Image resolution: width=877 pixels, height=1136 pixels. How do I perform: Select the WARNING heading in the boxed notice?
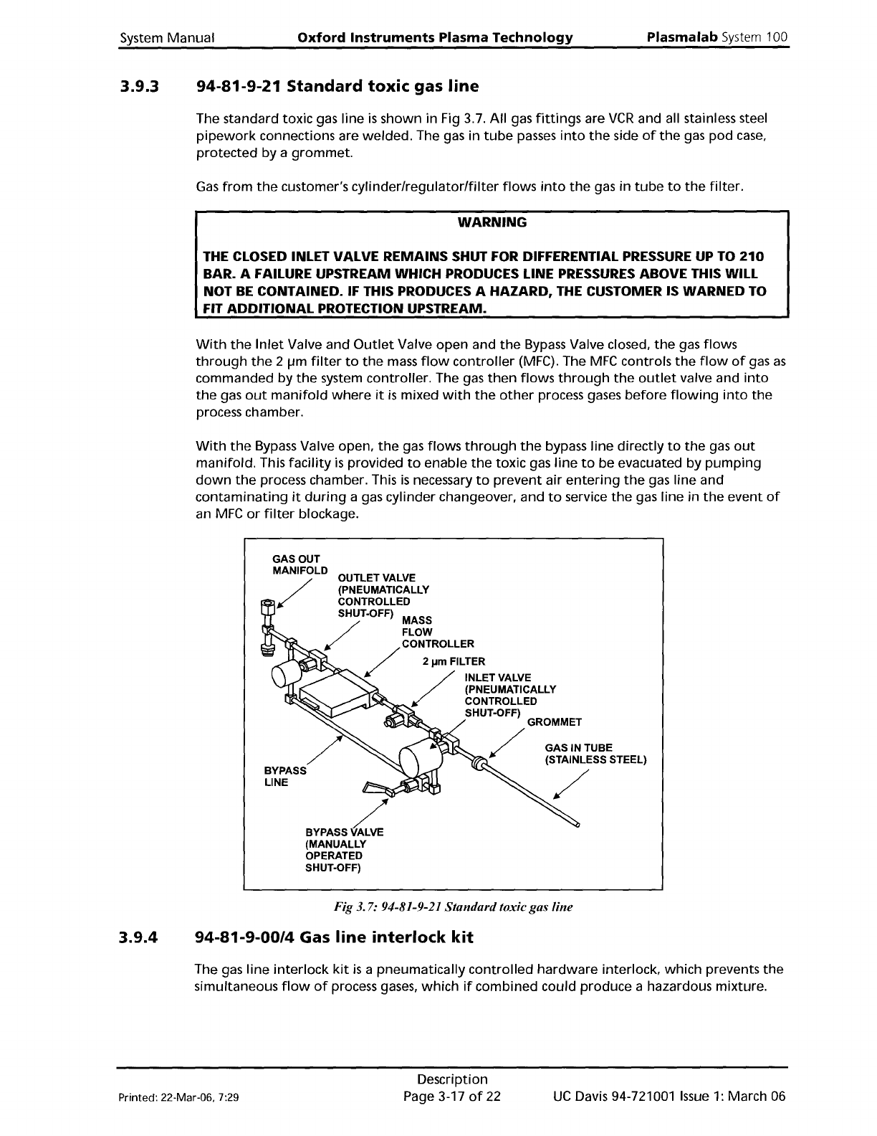[492, 222]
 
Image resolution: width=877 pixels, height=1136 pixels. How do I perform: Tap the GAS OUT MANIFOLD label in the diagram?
[296, 565]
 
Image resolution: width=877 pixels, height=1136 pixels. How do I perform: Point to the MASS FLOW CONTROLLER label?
[437, 632]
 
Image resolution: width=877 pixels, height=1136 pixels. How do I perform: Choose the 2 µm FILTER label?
[454, 661]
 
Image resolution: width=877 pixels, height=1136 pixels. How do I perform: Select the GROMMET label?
[554, 721]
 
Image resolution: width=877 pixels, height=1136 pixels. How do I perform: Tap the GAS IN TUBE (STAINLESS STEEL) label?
[595, 754]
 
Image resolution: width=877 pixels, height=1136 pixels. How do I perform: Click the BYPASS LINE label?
[285, 776]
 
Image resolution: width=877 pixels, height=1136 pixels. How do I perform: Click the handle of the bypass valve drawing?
[376, 788]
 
